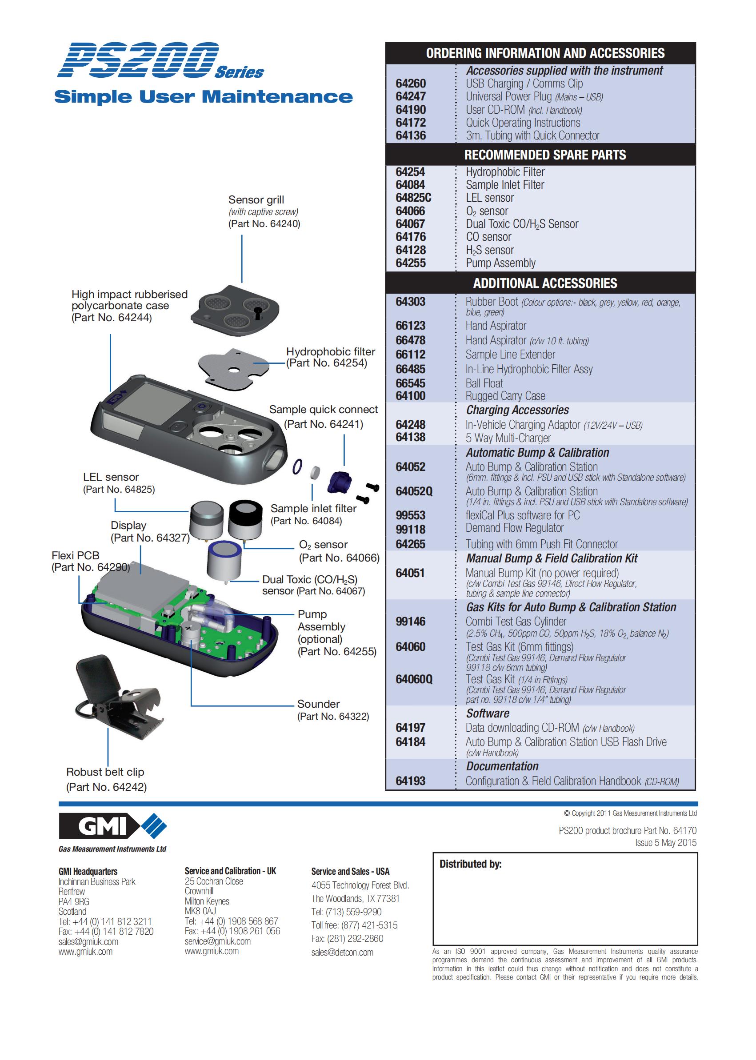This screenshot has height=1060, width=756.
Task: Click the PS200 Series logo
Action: click(158, 60)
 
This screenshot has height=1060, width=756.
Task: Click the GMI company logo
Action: click(112, 826)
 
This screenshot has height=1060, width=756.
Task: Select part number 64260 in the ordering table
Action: click(411, 84)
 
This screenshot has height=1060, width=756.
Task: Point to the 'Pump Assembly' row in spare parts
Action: click(500, 263)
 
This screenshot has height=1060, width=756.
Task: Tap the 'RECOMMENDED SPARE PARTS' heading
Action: click(544, 155)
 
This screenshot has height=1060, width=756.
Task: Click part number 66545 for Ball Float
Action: click(411, 383)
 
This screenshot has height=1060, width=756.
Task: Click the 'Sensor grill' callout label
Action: click(256, 200)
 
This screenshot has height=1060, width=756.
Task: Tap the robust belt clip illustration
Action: click(116, 693)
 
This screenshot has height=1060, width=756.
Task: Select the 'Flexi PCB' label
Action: click(76, 556)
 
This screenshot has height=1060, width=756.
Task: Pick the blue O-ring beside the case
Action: click(297, 467)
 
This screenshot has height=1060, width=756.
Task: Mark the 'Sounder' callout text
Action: click(318, 704)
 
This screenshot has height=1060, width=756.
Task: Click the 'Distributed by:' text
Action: click(470, 864)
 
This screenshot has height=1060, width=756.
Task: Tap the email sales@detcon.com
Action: click(342, 952)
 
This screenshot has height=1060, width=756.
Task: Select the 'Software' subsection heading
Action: click(488, 714)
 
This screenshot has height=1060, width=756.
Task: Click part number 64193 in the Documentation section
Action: click(411, 781)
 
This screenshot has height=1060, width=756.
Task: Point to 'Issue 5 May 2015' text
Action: click(666, 843)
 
